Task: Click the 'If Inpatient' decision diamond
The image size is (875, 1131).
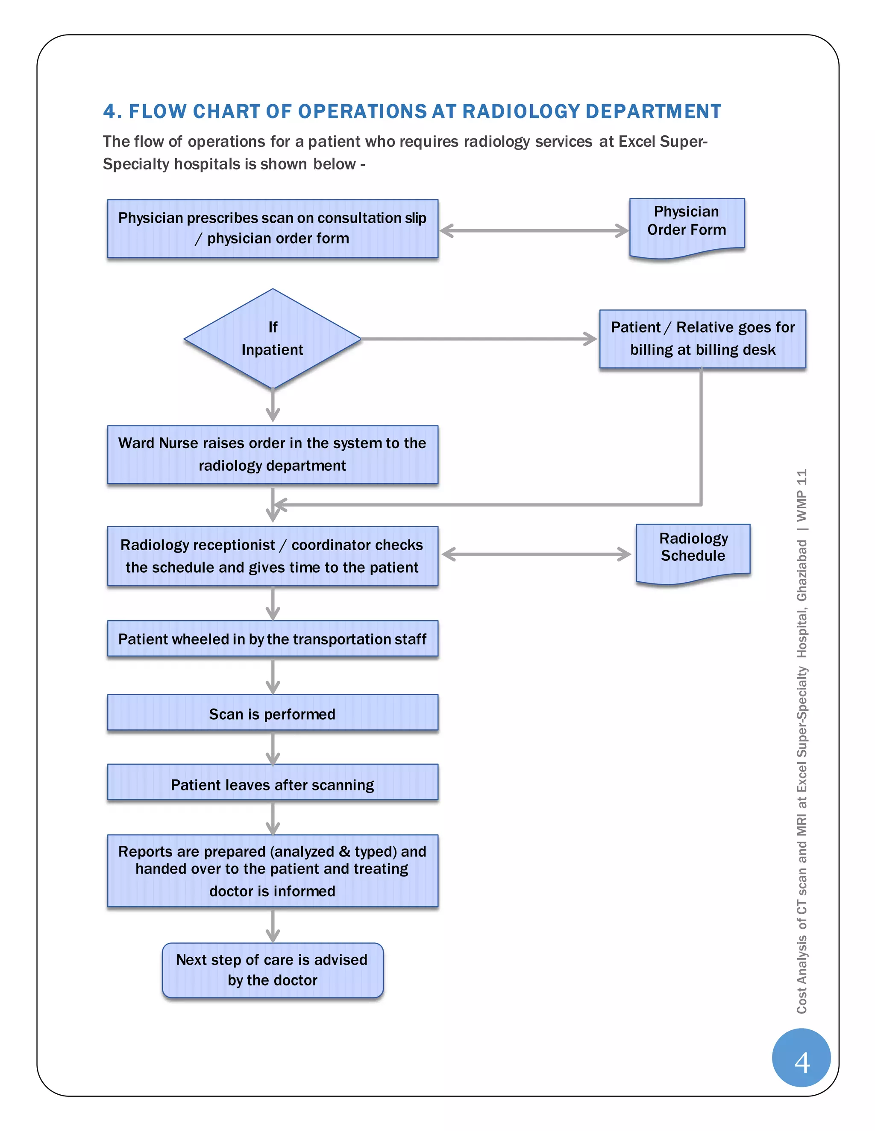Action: pos(272,339)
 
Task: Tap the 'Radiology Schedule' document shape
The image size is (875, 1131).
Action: pos(693,551)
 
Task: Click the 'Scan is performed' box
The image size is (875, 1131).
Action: pos(272,713)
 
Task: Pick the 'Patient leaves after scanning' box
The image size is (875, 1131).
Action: pos(272,784)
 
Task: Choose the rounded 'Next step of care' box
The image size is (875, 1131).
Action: pos(272,969)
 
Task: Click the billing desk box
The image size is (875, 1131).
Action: pos(702,339)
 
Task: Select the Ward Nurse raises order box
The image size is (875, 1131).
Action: pos(272,454)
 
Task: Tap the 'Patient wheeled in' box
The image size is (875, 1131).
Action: pos(272,638)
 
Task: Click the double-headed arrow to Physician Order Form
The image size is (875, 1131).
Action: pos(534,230)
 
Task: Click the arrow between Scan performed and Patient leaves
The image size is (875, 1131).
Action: pos(273,747)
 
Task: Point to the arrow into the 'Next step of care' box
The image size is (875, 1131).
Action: pos(273,925)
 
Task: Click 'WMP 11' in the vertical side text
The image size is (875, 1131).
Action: pos(802,495)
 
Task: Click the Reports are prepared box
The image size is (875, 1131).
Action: pos(272,871)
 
